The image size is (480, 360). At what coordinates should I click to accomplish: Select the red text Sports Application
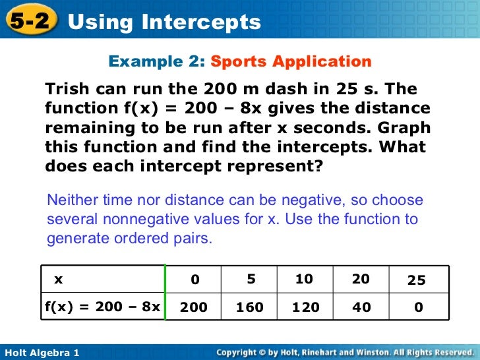coord(291,62)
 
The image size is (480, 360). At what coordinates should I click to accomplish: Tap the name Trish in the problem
coord(65,89)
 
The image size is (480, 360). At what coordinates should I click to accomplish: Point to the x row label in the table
coord(59,280)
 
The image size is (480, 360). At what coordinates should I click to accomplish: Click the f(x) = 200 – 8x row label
coord(102,307)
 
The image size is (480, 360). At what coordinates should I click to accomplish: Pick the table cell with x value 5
coord(251,280)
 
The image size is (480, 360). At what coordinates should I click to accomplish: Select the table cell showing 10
coord(304,280)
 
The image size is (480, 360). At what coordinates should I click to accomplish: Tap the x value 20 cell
coord(361,280)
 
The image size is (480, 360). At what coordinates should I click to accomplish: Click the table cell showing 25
coord(417,280)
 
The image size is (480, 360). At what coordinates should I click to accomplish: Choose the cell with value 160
coord(250,307)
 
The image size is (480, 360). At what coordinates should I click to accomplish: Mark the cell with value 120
coord(305,307)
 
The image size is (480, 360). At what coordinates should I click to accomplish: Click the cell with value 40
coord(361,307)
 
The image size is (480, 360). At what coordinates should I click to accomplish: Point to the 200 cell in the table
coord(193,307)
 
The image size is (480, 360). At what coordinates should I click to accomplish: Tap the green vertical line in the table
coord(165,293)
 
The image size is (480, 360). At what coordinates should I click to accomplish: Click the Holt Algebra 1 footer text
coord(42,353)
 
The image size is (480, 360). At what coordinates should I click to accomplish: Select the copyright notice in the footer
coord(345,353)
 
